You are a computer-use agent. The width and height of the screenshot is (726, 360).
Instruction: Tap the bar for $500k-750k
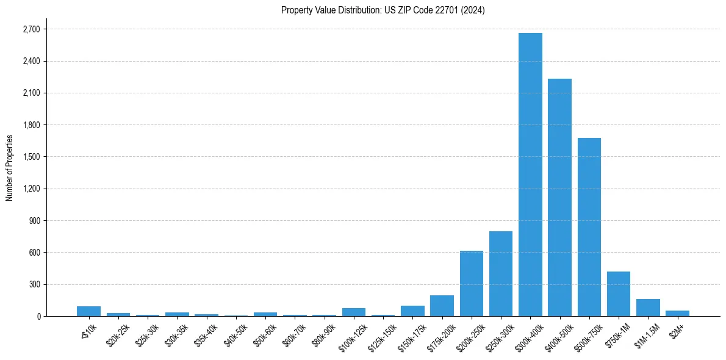pyautogui.click(x=589, y=227)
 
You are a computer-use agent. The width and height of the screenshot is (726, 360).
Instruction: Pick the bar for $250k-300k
pyautogui.click(x=501, y=274)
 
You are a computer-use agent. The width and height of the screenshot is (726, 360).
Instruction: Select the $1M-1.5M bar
pyautogui.click(x=648, y=308)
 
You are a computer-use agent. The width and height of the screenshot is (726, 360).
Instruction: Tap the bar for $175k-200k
pyautogui.click(x=442, y=306)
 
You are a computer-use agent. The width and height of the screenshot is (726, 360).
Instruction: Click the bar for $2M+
pyautogui.click(x=677, y=313)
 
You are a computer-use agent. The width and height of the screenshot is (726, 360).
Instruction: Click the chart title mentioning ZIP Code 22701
pyautogui.click(x=383, y=10)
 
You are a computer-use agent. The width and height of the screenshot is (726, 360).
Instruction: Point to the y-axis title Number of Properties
pyautogui.click(x=9, y=168)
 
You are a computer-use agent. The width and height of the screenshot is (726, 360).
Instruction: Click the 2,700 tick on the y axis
pyautogui.click(x=31, y=29)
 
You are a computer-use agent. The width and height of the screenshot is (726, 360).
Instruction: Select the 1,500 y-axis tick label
pyautogui.click(x=31, y=157)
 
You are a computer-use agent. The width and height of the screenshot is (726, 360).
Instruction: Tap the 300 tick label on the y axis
pyautogui.click(x=34, y=284)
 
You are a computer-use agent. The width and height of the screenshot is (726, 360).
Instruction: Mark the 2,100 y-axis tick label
pyautogui.click(x=31, y=93)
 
